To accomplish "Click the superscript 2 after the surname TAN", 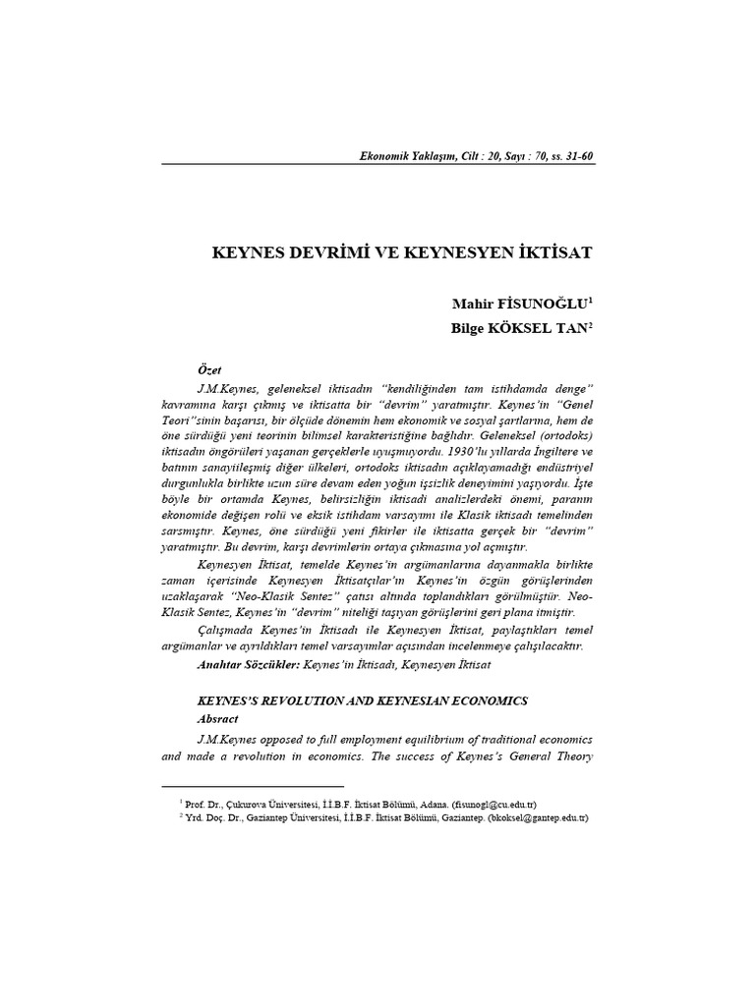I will [x=591, y=323].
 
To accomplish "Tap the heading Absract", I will [x=218, y=718].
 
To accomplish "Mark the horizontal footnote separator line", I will [x=252, y=786].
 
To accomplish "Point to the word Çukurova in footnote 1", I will [x=255, y=804].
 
